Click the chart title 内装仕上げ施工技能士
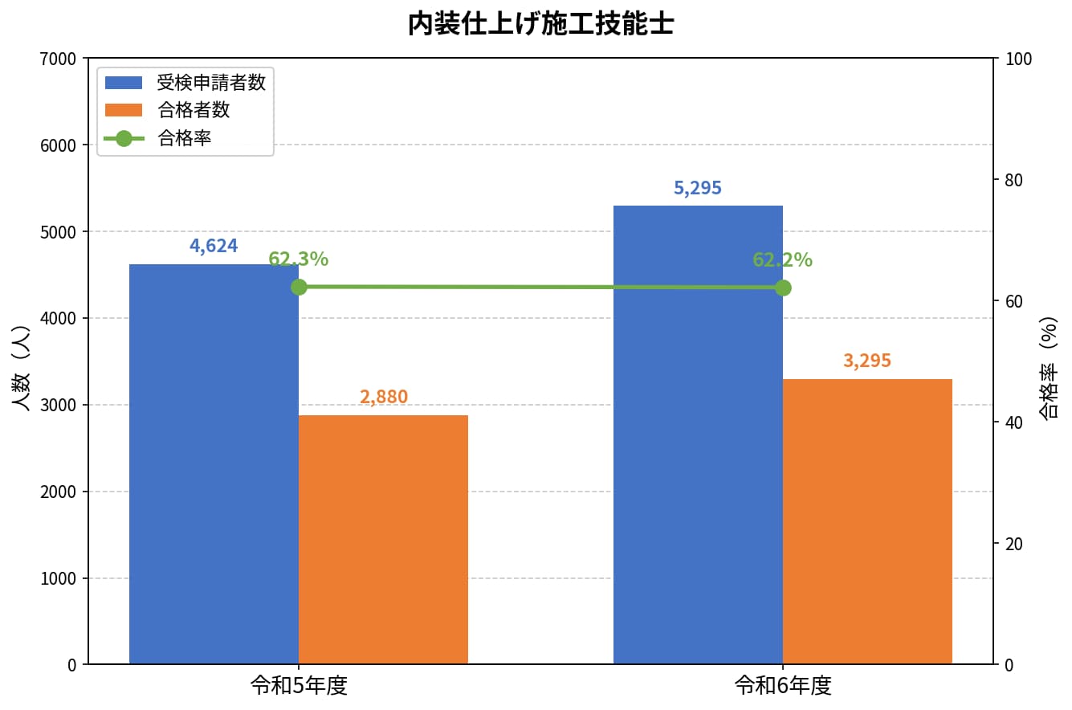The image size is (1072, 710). click(540, 24)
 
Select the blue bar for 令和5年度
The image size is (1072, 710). click(214, 464)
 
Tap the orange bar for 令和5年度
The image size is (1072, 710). click(383, 540)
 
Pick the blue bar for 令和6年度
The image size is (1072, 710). click(698, 435)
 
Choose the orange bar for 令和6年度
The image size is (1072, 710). click(867, 521)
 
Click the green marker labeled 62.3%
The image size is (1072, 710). click(299, 287)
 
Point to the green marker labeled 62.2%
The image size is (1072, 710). click(783, 288)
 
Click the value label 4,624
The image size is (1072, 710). click(214, 246)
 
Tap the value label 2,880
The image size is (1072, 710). click(383, 397)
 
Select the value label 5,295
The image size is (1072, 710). click(698, 188)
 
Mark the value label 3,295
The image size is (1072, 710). click(867, 361)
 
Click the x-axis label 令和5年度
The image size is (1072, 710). click(299, 686)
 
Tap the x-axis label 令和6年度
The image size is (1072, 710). click(783, 686)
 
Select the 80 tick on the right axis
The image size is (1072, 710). click(1013, 180)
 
